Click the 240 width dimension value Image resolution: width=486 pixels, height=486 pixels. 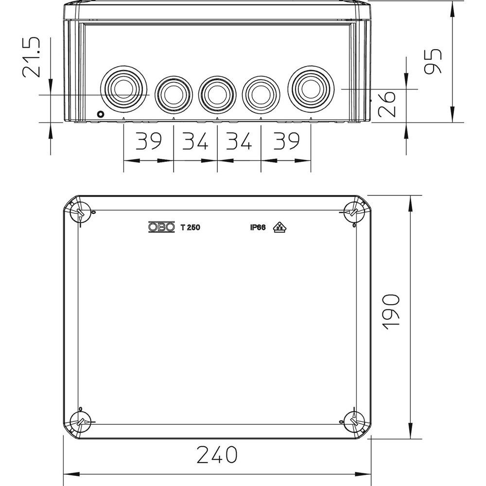click(217, 454)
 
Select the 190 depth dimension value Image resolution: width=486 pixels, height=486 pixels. click(391, 312)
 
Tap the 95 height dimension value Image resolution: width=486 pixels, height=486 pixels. click(433, 61)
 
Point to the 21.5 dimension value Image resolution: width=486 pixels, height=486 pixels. click(31, 57)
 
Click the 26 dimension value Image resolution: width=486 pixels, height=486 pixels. click(387, 104)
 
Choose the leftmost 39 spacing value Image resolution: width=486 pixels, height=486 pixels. click(149, 141)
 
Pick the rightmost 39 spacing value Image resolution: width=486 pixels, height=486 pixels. click(286, 141)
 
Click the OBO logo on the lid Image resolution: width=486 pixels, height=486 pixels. click(161, 227)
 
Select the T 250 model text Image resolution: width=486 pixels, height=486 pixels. click(191, 227)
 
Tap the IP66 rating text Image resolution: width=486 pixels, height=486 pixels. click(258, 227)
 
